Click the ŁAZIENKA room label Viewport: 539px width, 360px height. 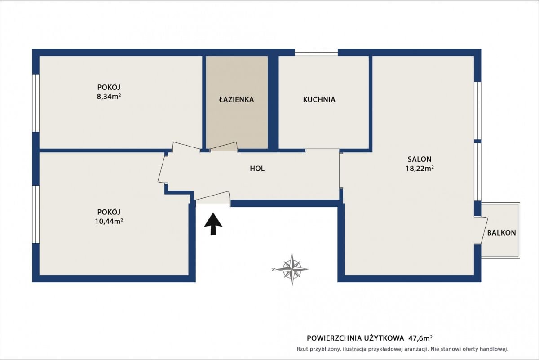tap(236, 99)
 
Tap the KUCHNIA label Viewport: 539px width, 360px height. tap(319, 99)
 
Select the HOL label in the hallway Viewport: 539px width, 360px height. tap(257, 169)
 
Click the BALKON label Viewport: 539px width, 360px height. tap(501, 233)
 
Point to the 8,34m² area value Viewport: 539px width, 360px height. tap(109, 97)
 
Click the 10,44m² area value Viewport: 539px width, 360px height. tap(109, 221)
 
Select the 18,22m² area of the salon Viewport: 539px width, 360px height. tap(420, 169)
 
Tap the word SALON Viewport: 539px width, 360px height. tap(420, 159)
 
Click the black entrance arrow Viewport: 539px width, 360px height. tap(213, 224)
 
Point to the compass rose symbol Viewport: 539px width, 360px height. tap(292, 269)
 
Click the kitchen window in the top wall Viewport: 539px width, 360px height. tap(316, 53)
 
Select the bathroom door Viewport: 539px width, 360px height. tap(224, 147)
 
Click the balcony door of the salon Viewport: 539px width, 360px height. tap(481, 231)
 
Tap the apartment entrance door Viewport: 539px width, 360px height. tap(212, 197)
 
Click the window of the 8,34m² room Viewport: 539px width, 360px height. tap(36, 103)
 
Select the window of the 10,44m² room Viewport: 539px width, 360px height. tap(36, 214)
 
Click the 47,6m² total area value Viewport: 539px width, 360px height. tap(420, 338)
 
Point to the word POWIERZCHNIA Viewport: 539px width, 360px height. tap(333, 338)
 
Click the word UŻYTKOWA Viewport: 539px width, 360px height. tap(383, 338)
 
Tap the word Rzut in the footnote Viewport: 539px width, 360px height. tap(302, 349)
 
